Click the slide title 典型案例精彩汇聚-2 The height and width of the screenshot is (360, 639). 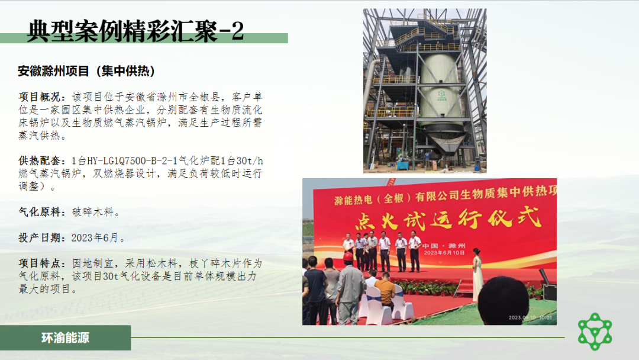point(135,31)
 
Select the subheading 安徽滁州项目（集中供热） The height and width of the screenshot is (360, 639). point(86,71)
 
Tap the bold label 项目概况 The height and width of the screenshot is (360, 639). point(40,97)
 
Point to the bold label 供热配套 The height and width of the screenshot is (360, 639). point(40,160)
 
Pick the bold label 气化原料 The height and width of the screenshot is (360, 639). point(40,212)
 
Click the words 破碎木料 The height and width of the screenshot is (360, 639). point(93,212)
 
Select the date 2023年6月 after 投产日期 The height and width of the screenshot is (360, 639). point(95,237)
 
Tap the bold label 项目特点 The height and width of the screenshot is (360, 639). point(40,263)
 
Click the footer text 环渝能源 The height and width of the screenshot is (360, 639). point(65,337)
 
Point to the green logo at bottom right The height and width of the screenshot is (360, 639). point(595,332)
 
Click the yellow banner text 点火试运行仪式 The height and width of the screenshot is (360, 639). point(448,219)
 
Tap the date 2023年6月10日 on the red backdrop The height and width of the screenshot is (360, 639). point(444,253)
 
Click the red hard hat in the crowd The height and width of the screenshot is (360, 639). point(348,256)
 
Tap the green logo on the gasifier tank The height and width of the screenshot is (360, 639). point(442,95)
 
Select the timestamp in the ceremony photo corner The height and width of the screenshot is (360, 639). point(530,317)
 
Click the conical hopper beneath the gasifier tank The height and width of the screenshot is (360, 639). point(445,144)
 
